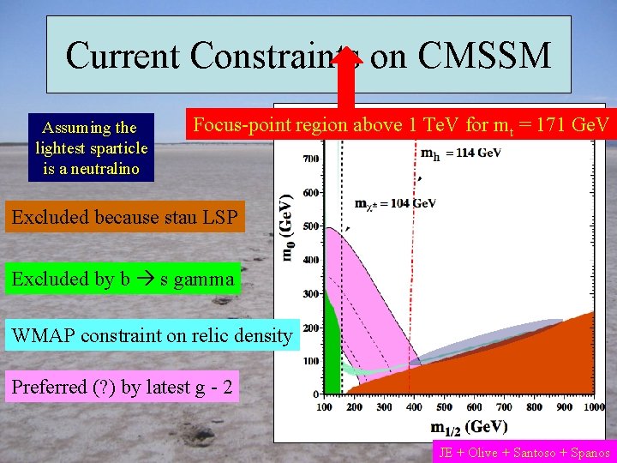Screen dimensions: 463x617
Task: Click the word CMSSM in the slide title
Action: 485,57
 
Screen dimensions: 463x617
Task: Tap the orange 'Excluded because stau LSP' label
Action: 124,218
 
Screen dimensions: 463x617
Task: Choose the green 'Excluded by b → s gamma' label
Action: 122,279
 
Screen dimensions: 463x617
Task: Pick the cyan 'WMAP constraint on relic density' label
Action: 152,335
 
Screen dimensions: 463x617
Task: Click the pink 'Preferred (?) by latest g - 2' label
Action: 122,388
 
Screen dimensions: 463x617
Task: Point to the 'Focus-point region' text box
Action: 401,125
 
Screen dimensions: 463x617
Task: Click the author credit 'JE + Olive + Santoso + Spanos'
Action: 524,452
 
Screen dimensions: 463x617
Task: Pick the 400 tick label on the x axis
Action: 413,407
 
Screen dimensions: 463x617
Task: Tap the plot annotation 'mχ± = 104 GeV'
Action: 395,203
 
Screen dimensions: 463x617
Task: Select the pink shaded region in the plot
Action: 368,300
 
